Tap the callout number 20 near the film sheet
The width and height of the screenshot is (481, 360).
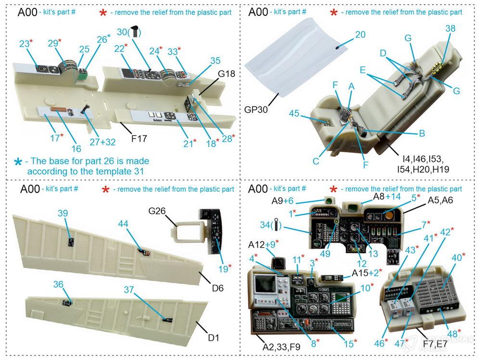(x=360, y=35)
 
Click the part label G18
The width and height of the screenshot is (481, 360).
(x=227, y=74)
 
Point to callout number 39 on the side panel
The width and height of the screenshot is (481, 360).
(x=63, y=213)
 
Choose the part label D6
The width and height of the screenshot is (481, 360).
(x=217, y=288)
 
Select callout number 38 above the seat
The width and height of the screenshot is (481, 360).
(x=450, y=29)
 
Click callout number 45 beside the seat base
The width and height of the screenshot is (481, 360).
(x=294, y=113)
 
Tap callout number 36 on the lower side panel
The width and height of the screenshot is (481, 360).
(x=58, y=285)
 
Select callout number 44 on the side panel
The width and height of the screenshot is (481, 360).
(x=123, y=223)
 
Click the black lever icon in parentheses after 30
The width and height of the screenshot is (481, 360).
(x=137, y=32)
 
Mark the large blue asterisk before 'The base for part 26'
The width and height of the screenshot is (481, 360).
(x=18, y=162)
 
